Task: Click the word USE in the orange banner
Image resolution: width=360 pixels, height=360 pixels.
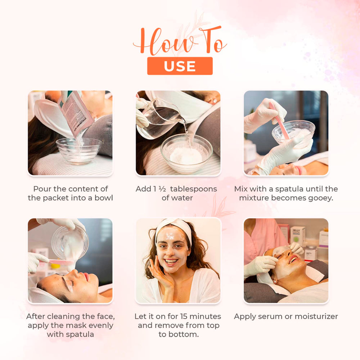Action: (x=180, y=66)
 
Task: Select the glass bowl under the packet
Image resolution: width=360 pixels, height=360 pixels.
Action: (x=78, y=150)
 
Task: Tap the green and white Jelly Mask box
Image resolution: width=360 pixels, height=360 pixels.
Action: (x=297, y=236)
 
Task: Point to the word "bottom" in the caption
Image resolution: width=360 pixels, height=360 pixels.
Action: (x=183, y=334)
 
